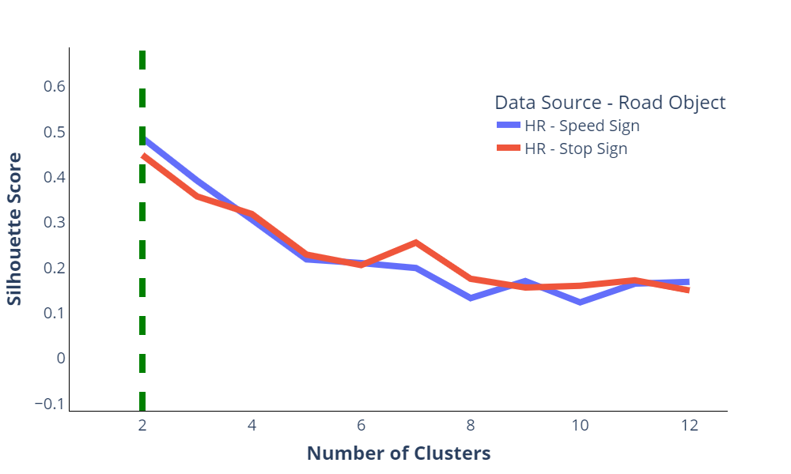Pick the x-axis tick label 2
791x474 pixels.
coord(142,426)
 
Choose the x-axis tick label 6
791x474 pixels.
coord(361,426)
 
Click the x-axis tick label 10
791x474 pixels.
coord(580,426)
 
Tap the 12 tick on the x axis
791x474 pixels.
coord(689,426)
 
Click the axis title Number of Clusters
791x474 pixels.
coord(399,453)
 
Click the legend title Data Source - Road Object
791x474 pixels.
coord(610,103)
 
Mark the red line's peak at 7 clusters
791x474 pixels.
coord(416,243)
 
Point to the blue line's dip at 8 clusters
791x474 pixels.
coord(471,299)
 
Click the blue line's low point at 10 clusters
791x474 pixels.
coord(580,303)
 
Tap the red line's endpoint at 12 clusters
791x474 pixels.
coord(689,290)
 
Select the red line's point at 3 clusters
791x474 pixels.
coord(197,196)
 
